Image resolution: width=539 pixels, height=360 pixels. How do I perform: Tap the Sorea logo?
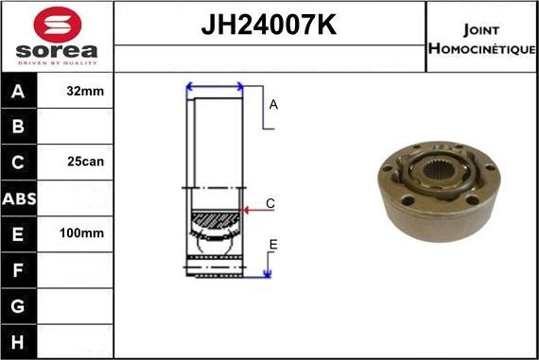pyautogui.click(x=56, y=38)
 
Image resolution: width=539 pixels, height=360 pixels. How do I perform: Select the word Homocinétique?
pyautogui.click(x=481, y=48)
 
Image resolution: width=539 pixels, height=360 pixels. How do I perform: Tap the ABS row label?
pyautogui.click(x=20, y=197)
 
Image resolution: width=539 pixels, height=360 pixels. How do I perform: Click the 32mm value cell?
pyautogui.click(x=86, y=92)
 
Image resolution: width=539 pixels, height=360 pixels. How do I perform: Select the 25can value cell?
pyautogui.click(x=86, y=162)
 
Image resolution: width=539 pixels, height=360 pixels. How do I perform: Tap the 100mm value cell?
pyautogui.click(x=86, y=232)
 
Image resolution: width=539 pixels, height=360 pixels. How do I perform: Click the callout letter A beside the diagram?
pyautogui.click(x=273, y=105)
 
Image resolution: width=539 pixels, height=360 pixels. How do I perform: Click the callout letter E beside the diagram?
pyautogui.click(x=272, y=245)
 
